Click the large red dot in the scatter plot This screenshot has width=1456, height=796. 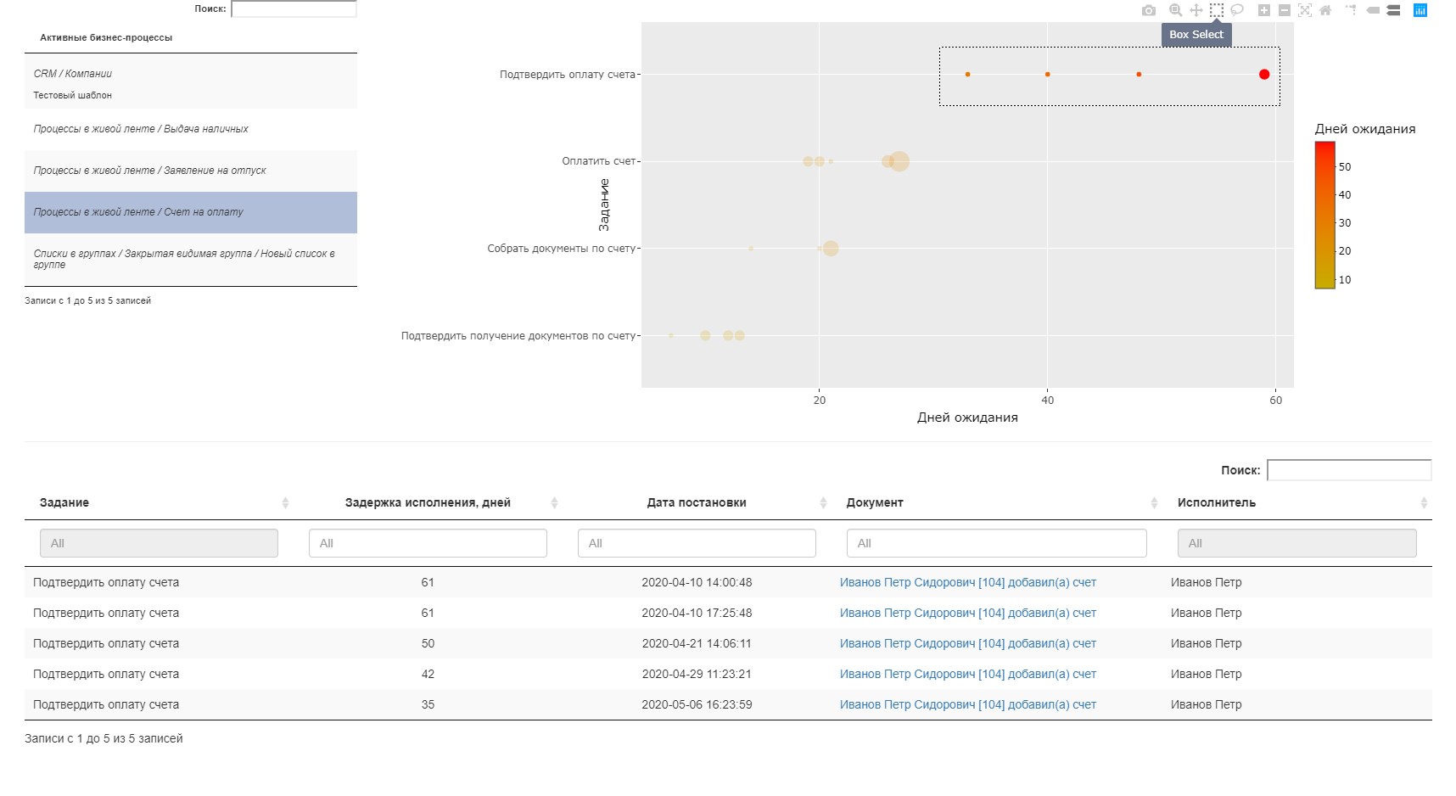coord(1264,75)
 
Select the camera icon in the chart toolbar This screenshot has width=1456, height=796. coord(1148,10)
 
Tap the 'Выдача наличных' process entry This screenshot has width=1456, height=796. coord(141,129)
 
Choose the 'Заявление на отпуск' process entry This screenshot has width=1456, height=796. coord(149,171)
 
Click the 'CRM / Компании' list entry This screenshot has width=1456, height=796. coord(73,74)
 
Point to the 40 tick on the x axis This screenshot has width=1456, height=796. coord(1048,401)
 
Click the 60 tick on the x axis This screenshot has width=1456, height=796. coord(1276,401)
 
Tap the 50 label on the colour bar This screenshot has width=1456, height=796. coord(1345,167)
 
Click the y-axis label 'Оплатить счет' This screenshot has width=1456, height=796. coord(598,161)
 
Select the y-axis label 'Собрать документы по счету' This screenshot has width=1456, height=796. coord(561,249)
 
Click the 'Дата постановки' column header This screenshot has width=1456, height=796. coord(697,502)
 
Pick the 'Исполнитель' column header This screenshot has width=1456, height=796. coord(1216,502)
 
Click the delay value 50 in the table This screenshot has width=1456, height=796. coord(428,643)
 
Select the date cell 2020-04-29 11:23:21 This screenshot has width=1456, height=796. coord(697,674)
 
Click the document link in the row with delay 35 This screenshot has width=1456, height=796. coord(967,704)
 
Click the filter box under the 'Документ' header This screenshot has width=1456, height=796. coord(996,543)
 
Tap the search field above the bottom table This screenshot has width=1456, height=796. coord(1348,470)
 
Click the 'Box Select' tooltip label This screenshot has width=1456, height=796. coord(1196,35)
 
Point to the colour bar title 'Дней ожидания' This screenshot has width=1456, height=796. coord(1364,129)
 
